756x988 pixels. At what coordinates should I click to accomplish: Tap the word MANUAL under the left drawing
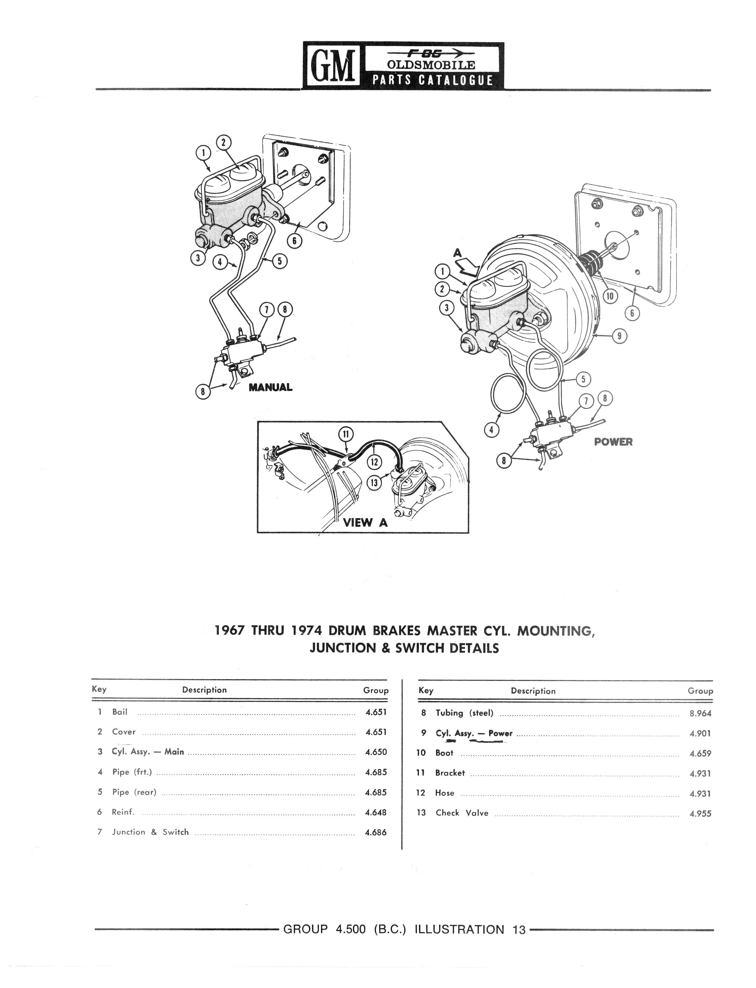pyautogui.click(x=271, y=387)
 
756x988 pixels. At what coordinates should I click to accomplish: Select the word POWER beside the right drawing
pyautogui.click(x=613, y=442)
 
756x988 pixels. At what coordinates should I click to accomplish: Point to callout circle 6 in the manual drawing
pyautogui.click(x=294, y=241)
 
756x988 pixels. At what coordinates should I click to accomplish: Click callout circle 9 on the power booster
pyautogui.click(x=620, y=336)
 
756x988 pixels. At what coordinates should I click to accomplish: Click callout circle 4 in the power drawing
pyautogui.click(x=491, y=430)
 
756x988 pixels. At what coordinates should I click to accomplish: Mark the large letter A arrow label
pyautogui.click(x=458, y=254)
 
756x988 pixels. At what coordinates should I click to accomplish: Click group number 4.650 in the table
pyautogui.click(x=376, y=752)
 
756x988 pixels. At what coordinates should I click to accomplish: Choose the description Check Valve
pyautogui.click(x=462, y=813)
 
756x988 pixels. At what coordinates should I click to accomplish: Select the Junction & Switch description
pyautogui.click(x=150, y=832)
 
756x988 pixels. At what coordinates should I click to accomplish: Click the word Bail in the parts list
pyautogui.click(x=120, y=712)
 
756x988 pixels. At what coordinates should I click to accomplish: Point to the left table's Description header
pyautogui.click(x=204, y=690)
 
